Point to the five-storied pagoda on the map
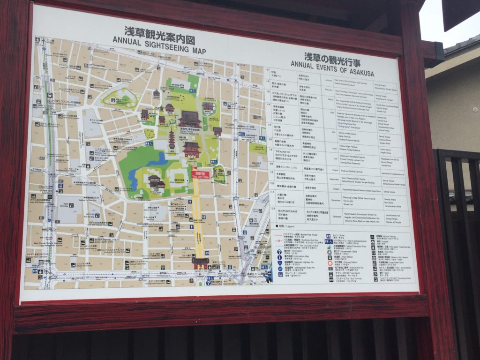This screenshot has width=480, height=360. click(x=172, y=139)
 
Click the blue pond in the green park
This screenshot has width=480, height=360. click(x=157, y=161)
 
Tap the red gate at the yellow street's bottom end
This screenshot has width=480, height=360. click(x=200, y=263)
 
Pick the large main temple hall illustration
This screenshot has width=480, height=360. click(x=190, y=119)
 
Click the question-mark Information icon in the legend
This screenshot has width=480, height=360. click(x=278, y=251)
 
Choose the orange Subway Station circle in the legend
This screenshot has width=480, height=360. click(x=330, y=263)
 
